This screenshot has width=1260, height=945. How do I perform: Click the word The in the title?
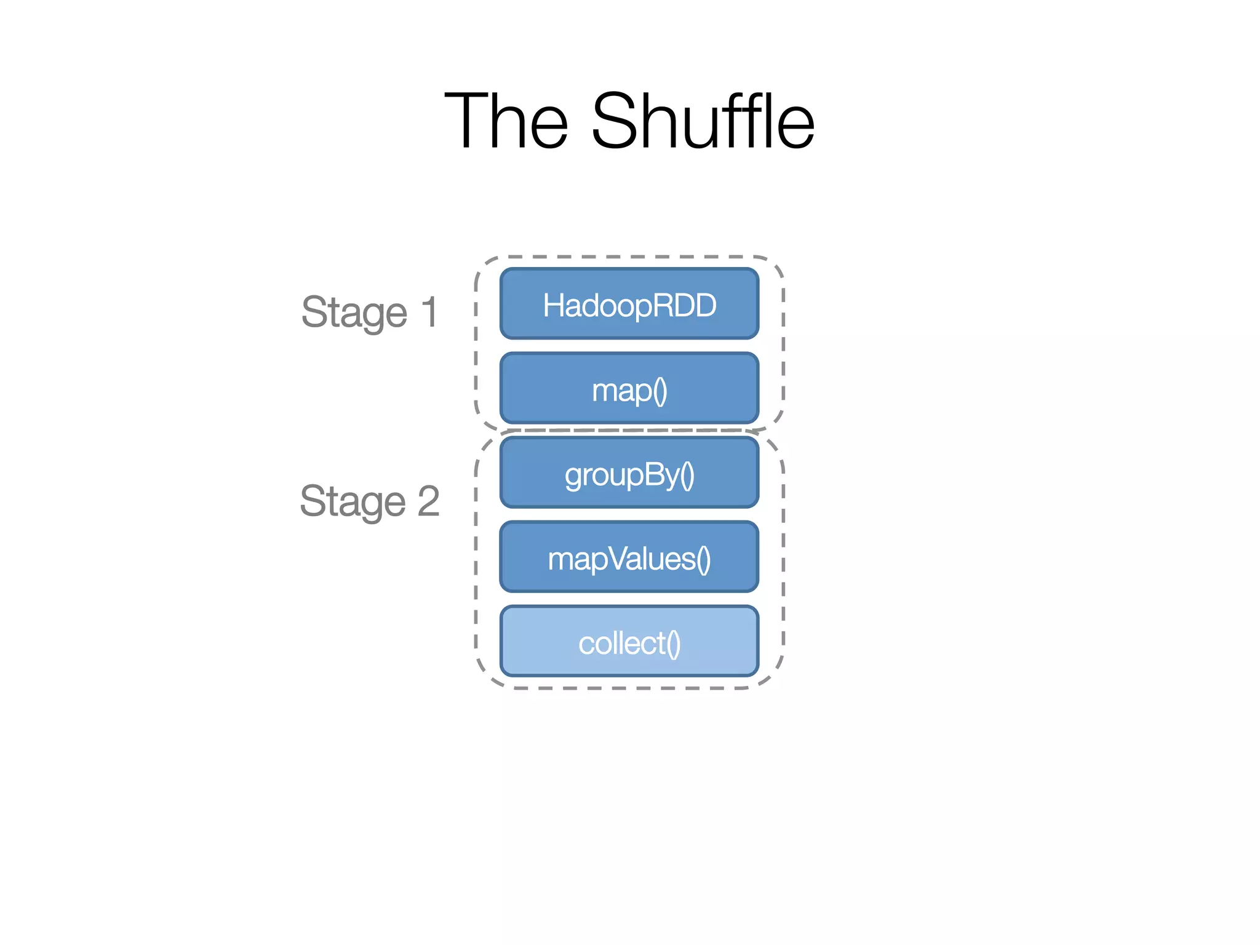coord(506,121)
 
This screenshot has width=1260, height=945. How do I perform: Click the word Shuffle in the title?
coord(703,121)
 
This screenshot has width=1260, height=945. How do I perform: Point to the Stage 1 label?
coord(369,312)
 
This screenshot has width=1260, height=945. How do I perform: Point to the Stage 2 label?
coord(369,501)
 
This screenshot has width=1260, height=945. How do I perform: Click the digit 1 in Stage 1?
coord(430,312)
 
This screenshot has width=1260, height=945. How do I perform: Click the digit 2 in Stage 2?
coord(429,501)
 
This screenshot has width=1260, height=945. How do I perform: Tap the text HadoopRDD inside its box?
coord(629,306)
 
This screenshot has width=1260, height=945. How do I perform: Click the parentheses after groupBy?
coord(687,476)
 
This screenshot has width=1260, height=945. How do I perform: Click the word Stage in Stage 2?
coord(353,501)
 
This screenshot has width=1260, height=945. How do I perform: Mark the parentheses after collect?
coord(674,644)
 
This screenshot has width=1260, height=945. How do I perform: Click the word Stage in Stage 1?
coord(354,312)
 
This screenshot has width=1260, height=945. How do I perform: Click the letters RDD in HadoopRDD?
coord(688,306)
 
